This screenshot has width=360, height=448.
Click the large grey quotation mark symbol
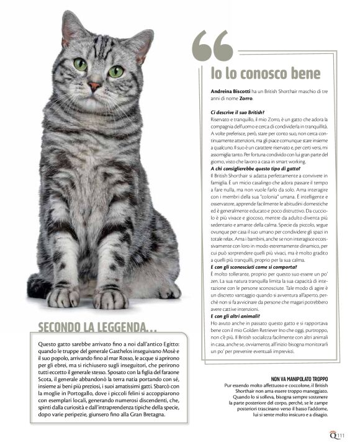pos(212,47)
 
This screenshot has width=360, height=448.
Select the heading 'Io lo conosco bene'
pos(265,74)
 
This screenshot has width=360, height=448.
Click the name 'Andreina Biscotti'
pos(232,91)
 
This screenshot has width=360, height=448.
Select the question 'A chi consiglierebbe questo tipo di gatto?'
pos(254,169)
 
